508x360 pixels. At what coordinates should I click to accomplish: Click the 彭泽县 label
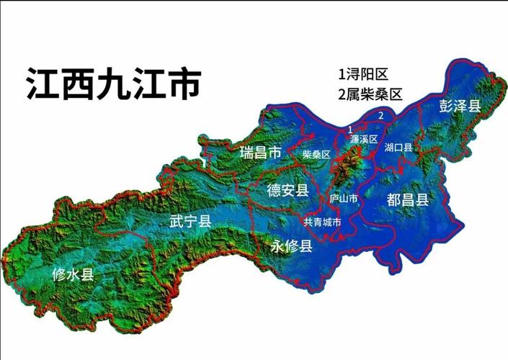(460, 107)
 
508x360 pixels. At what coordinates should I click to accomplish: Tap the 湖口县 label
(398, 148)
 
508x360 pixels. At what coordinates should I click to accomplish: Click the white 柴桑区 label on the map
(316, 154)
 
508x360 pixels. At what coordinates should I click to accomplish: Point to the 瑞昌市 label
(260, 153)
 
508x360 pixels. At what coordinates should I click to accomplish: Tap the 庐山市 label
(343, 197)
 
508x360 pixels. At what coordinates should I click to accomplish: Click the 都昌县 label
(407, 199)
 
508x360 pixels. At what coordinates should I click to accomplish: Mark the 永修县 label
(291, 247)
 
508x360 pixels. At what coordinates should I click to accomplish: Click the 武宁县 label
(190, 222)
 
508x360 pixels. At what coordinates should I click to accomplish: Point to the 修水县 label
(73, 274)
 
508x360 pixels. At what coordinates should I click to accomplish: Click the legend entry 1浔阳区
(364, 74)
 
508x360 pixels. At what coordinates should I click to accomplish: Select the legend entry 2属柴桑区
(369, 94)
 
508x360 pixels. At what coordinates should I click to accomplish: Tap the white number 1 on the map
(349, 128)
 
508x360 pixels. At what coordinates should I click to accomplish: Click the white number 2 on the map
(380, 114)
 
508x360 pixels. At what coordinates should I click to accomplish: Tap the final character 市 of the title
(183, 84)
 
